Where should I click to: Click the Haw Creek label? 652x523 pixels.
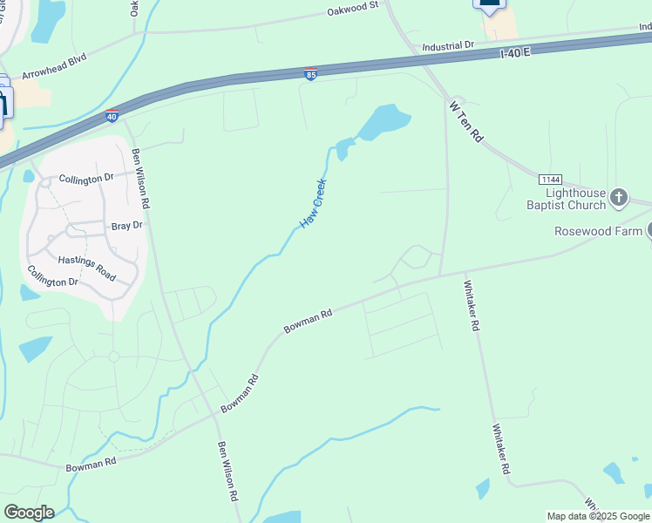(313, 203)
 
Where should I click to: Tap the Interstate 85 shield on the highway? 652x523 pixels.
(311, 74)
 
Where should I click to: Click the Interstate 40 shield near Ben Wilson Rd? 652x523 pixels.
(112, 115)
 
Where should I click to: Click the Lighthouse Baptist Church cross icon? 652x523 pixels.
(619, 198)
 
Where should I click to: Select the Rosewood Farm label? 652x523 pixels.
(598, 231)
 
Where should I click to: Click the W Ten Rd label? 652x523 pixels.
(466, 120)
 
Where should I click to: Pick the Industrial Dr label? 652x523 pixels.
(447, 45)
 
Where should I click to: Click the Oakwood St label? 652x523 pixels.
(353, 10)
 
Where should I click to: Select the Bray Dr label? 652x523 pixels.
(126, 226)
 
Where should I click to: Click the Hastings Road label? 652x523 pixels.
(86, 267)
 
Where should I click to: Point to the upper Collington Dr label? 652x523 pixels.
(86, 179)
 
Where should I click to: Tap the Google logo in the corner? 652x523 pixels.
(29, 513)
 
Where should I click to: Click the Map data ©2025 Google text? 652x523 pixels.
(598, 516)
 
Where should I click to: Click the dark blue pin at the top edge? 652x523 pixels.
(489, 4)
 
